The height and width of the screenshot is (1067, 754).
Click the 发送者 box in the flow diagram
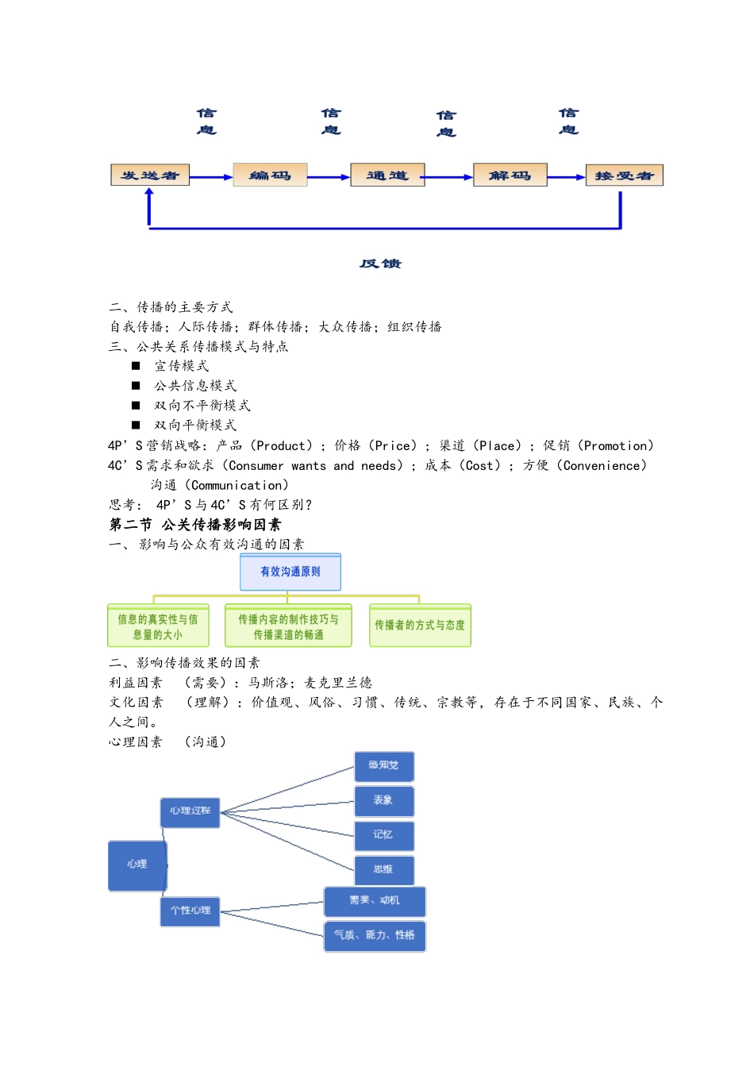(150, 175)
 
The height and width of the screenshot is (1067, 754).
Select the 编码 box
(270, 175)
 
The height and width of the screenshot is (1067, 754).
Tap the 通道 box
(387, 175)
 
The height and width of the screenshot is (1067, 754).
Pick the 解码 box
(510, 175)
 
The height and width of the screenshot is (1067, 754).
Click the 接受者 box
(624, 175)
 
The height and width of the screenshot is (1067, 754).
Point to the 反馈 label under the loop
(380, 264)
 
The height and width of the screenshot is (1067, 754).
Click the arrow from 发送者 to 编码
(211, 177)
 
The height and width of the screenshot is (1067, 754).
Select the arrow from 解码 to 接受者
(567, 177)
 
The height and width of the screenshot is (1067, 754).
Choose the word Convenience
(604, 466)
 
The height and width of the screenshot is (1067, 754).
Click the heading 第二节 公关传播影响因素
(195, 525)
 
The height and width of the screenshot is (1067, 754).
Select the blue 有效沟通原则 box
(290, 572)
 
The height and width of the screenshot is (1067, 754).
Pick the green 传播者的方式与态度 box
(420, 626)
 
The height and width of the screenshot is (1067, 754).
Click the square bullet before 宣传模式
(136, 366)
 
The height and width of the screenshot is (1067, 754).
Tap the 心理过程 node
(190, 811)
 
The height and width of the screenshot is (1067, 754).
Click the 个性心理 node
(190, 911)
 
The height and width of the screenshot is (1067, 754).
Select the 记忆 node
(383, 835)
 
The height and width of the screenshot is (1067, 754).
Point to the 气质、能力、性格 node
(375, 935)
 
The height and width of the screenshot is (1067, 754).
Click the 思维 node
(383, 870)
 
